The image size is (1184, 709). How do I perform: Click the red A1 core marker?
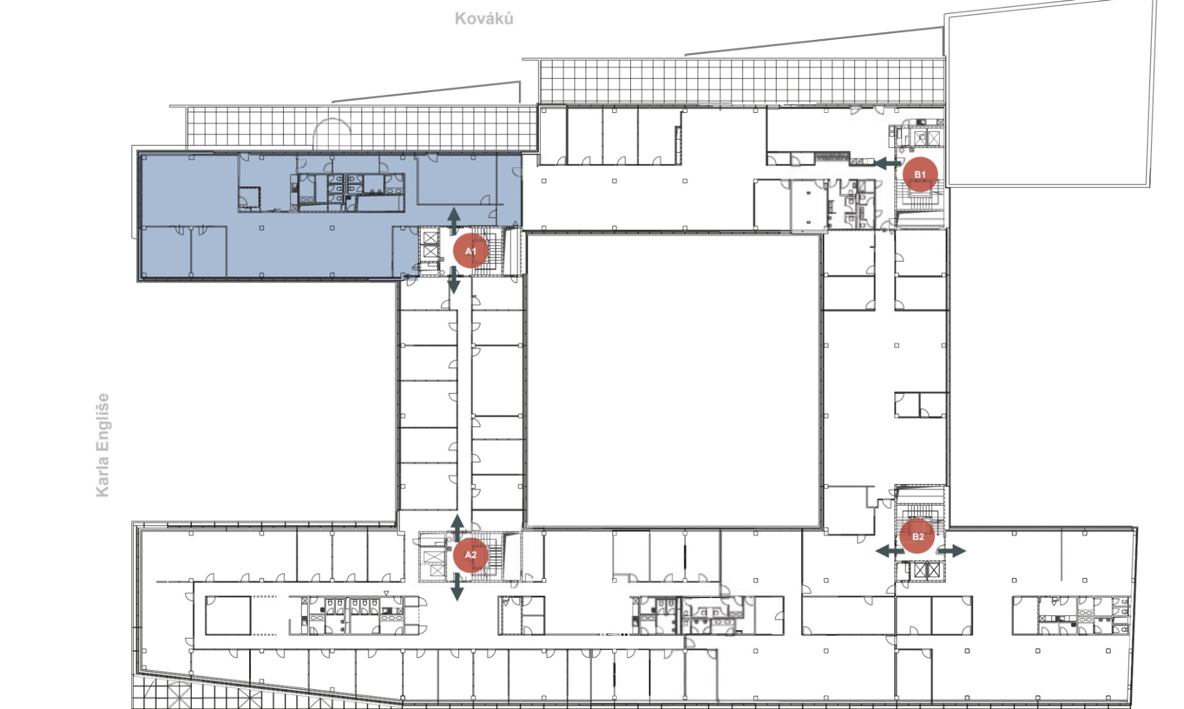(x=471, y=251)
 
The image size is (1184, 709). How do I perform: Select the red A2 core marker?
(x=471, y=555)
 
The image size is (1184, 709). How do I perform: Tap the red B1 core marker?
(x=920, y=174)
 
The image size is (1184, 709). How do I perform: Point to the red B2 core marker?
(x=918, y=536)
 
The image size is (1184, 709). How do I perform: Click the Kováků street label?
(x=484, y=18)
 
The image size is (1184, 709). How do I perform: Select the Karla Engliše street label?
(x=102, y=445)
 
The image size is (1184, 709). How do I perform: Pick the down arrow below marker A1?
(x=454, y=280)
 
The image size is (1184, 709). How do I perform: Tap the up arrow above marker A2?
(x=457, y=528)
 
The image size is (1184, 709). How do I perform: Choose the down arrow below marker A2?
(x=457, y=586)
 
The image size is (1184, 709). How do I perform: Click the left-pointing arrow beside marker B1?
(x=889, y=163)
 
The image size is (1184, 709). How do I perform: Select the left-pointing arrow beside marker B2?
(x=890, y=551)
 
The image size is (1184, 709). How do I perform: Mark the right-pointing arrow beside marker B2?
(x=952, y=551)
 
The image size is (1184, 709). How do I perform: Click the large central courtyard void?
(x=673, y=380)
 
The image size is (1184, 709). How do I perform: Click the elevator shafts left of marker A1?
(x=430, y=245)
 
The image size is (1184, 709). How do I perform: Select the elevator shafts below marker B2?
(x=927, y=570)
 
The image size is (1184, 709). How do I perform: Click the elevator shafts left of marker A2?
(x=434, y=564)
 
